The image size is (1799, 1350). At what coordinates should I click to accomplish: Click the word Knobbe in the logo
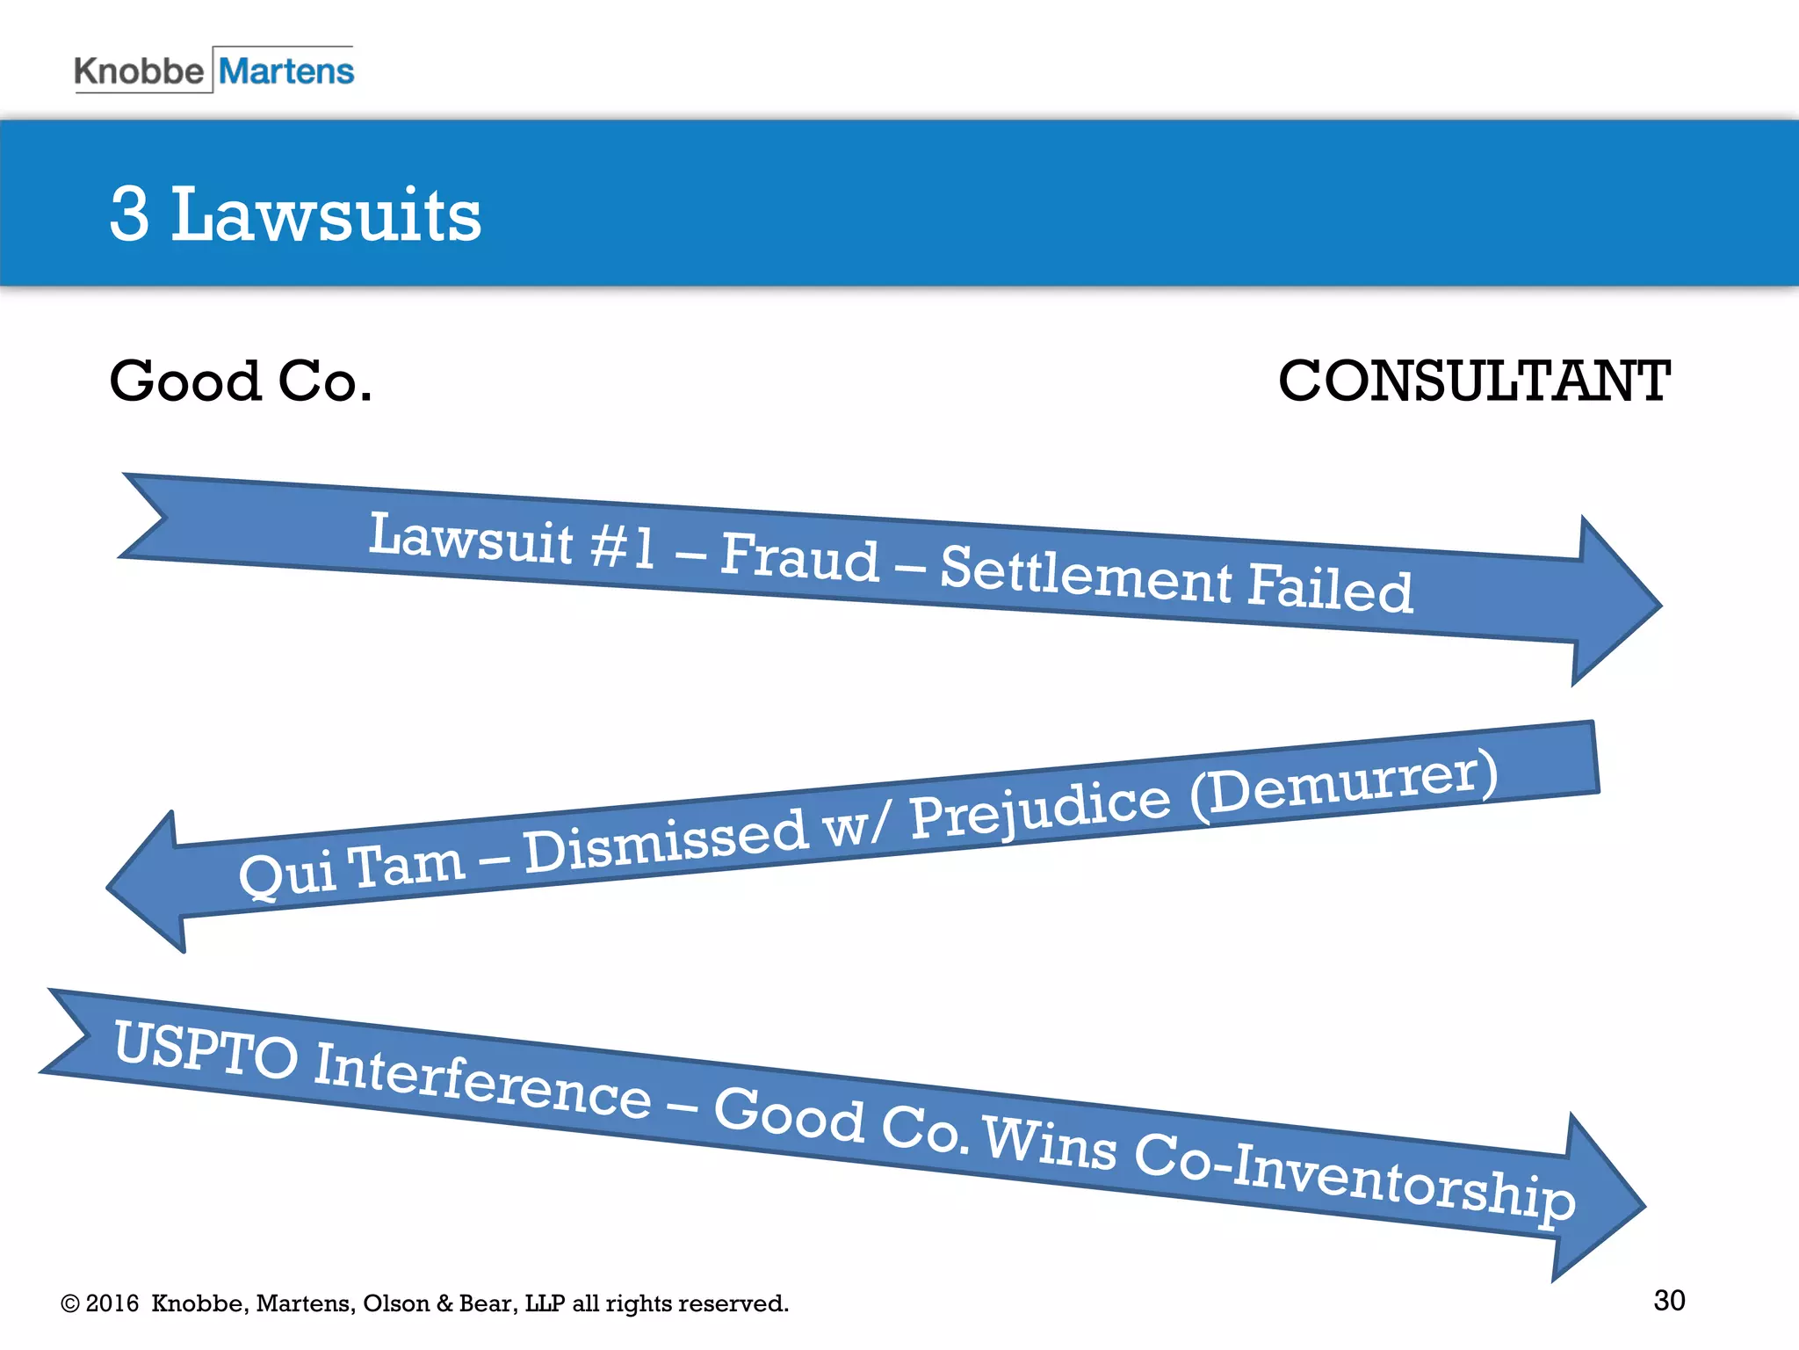(x=138, y=71)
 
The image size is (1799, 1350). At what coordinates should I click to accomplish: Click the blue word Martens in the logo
(x=286, y=71)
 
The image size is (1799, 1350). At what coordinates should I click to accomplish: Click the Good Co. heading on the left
(x=241, y=381)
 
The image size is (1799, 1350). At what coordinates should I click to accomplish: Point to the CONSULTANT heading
(x=1474, y=381)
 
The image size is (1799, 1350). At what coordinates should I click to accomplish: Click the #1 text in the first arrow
(x=622, y=546)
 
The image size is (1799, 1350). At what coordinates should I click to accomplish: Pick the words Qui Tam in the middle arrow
(x=351, y=869)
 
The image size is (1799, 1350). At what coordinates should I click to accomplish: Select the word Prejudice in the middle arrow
(x=1040, y=809)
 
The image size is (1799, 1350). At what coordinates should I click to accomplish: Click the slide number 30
(x=1669, y=1300)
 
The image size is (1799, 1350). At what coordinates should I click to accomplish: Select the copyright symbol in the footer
(x=70, y=1303)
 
